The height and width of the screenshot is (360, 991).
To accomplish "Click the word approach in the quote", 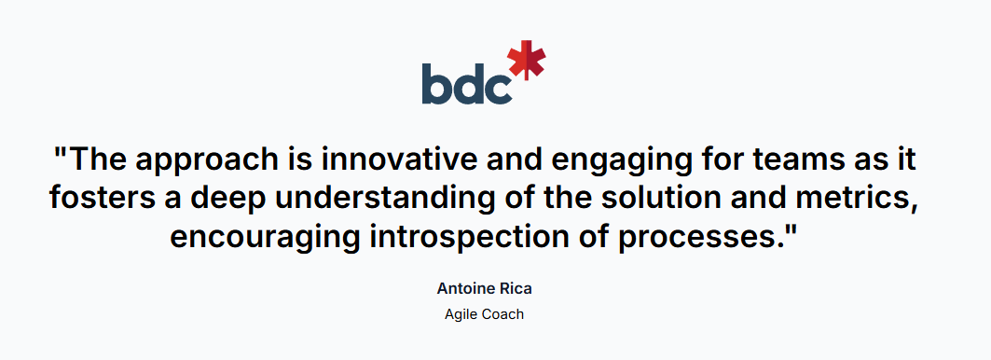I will (213, 161).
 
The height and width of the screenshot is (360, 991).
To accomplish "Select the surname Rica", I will (515, 289).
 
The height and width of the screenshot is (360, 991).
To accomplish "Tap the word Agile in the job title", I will (461, 315).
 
